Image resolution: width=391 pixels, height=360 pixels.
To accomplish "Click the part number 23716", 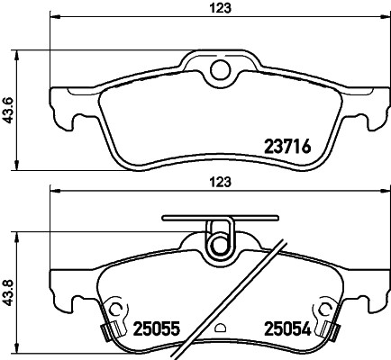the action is [286, 147].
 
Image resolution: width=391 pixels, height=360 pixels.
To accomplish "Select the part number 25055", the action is [156, 328].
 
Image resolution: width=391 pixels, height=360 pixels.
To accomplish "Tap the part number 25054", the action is [286, 328].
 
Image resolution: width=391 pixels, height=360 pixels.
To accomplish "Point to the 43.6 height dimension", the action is [8, 110].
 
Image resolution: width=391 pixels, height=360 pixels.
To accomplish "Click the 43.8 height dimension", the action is [8, 292].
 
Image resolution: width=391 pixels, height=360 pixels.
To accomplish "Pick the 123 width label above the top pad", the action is [221, 7].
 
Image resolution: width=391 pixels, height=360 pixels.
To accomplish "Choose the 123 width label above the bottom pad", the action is [221, 182].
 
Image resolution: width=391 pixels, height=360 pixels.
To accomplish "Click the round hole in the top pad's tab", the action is [221, 70].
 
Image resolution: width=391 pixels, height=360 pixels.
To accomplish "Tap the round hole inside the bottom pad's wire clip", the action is [221, 245].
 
